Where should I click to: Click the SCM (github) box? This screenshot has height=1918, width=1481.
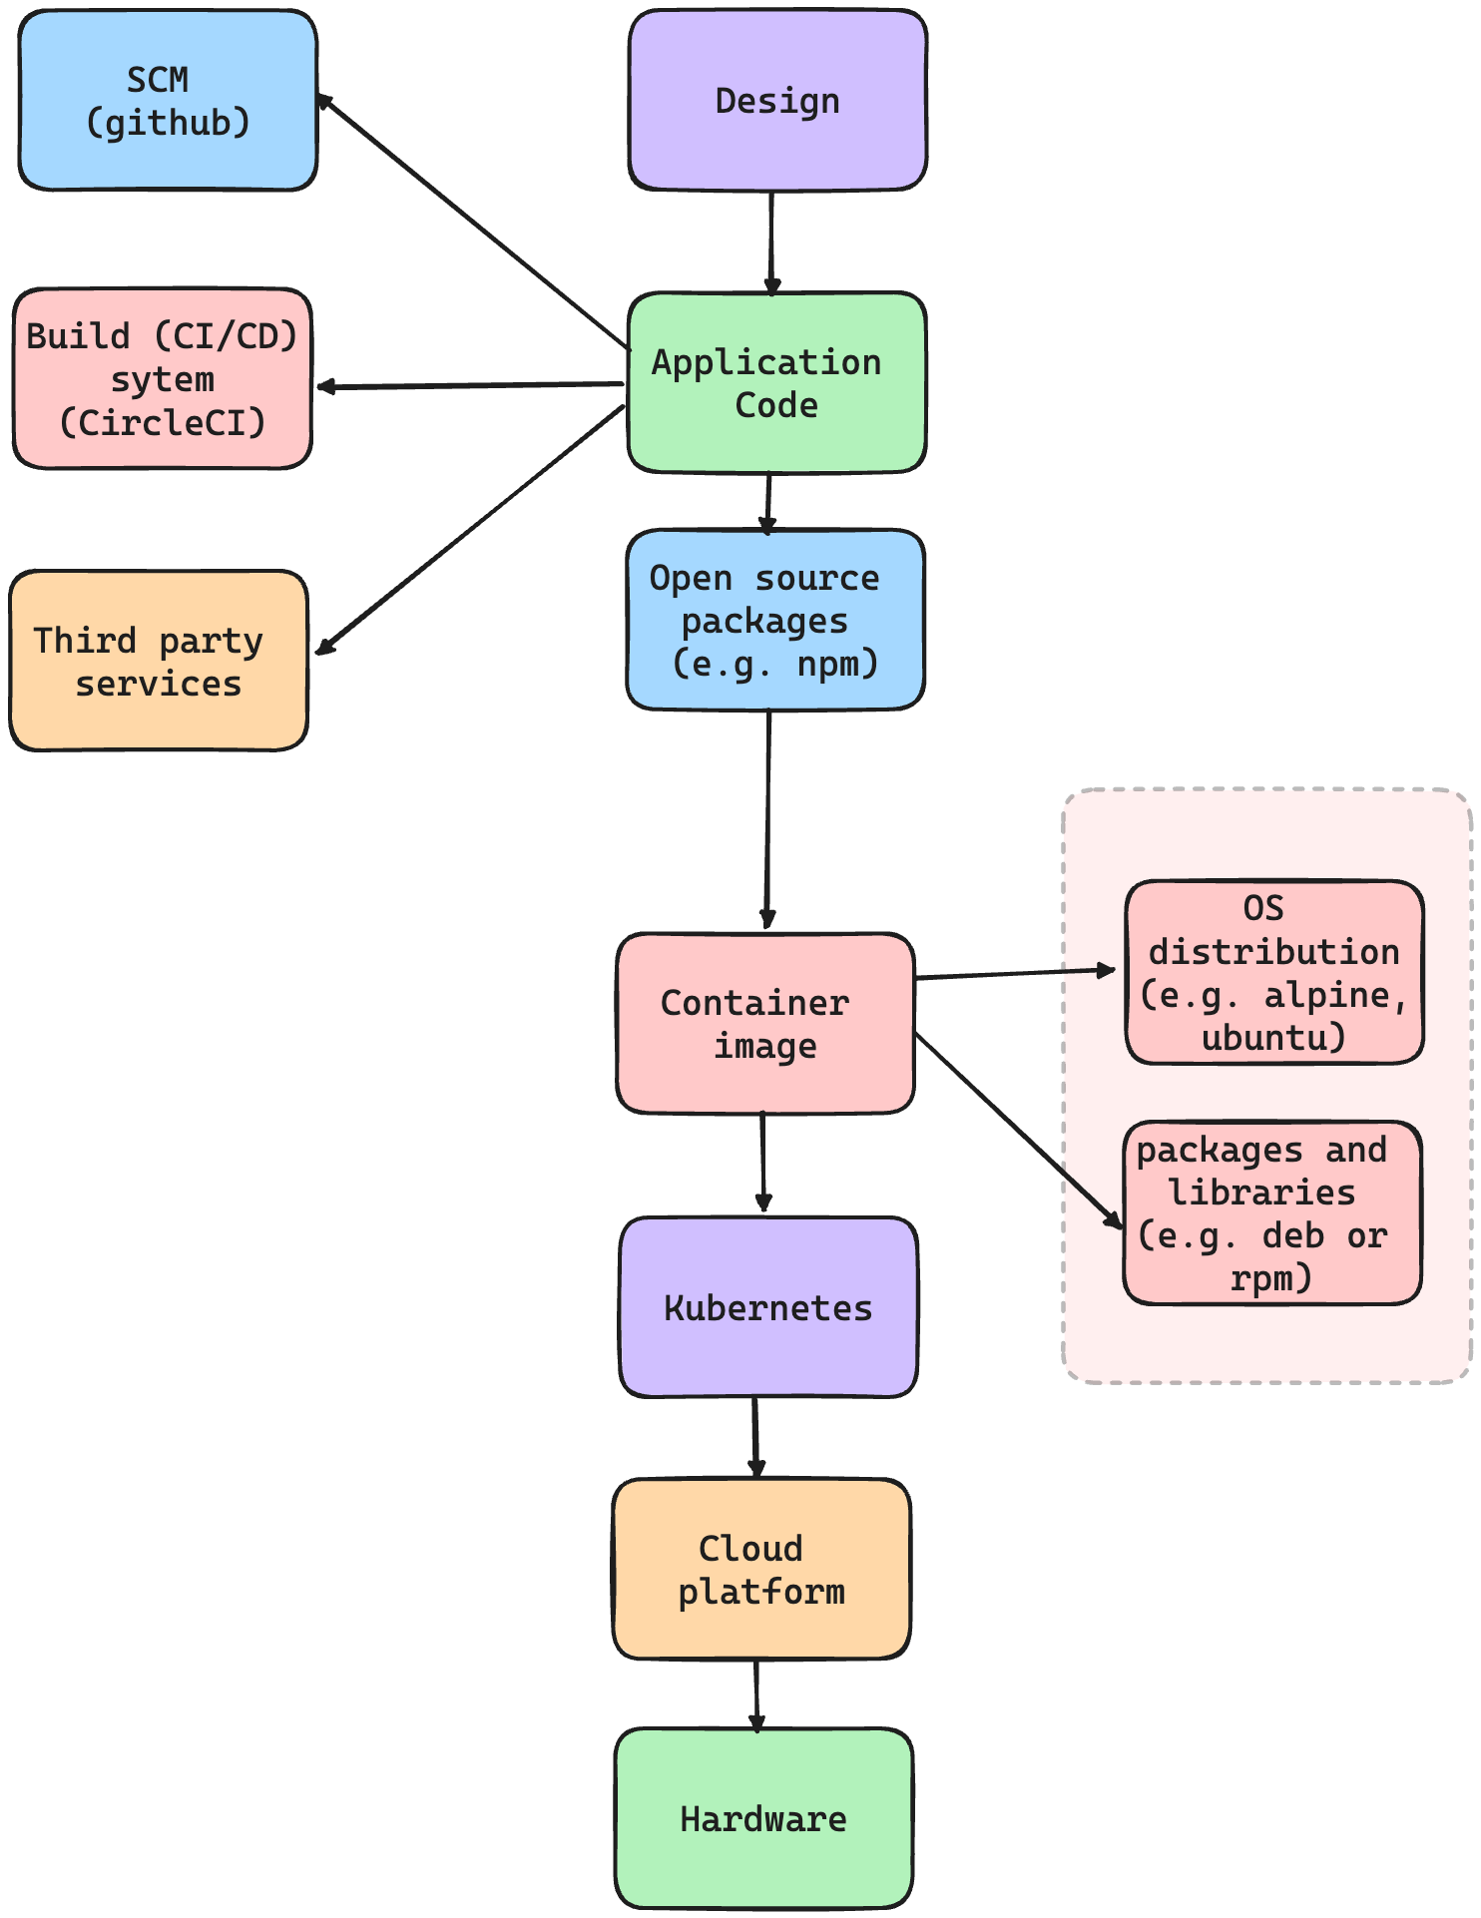tap(168, 100)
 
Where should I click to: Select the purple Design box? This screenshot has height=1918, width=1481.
tap(777, 100)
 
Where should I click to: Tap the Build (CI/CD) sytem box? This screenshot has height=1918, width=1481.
tap(163, 378)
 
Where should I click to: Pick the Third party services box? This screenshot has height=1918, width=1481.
tap(159, 661)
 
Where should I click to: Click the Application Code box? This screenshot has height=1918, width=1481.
tap(776, 383)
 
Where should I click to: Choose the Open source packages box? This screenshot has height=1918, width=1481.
tap(775, 620)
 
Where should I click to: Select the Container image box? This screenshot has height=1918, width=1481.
tap(765, 1024)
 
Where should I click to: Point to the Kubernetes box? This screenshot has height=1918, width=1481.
tap(768, 1307)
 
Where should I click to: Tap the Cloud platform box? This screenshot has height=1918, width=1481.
tap(761, 1569)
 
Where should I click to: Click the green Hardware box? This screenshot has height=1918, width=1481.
tap(763, 1818)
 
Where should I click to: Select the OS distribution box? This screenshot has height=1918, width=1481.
tap(1274, 972)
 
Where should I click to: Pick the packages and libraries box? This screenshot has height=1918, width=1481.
tap(1272, 1212)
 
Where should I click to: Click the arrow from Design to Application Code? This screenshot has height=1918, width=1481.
tap(771, 241)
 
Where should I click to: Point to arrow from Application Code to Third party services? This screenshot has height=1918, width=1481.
tap(469, 530)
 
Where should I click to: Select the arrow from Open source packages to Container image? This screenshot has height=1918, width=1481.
tap(768, 818)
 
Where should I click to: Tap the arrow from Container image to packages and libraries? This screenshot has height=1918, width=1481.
tap(1018, 1130)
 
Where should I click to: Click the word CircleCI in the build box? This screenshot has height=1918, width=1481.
tap(163, 423)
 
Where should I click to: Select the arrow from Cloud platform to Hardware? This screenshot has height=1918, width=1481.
tap(756, 1693)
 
